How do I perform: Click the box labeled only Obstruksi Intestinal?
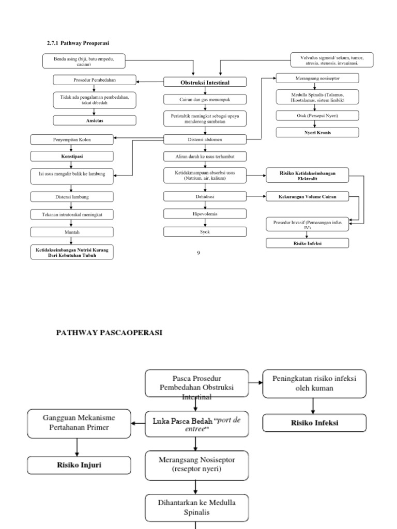[x=205, y=82]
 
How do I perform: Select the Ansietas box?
[x=95, y=120]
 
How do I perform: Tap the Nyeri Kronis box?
[x=317, y=132]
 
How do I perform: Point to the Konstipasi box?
[x=72, y=155]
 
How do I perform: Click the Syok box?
[x=205, y=232]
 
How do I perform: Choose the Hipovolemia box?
[x=205, y=213]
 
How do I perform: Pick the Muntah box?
[x=72, y=232]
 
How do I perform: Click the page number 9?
[x=198, y=253]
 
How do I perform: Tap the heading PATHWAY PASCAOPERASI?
[x=109, y=333]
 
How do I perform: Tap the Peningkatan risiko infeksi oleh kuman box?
[x=315, y=384]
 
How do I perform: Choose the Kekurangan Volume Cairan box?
[x=307, y=196]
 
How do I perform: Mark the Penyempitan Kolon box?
[x=72, y=139]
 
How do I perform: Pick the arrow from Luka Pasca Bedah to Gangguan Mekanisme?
[x=138, y=424]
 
